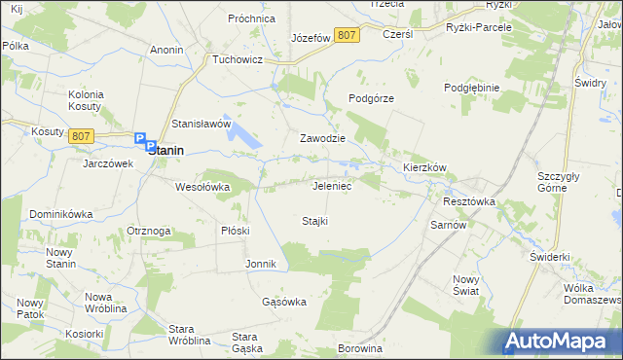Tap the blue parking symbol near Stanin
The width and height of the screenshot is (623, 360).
[x=140, y=139]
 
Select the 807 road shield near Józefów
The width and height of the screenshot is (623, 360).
[x=346, y=35]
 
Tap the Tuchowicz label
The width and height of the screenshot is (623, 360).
[x=238, y=58]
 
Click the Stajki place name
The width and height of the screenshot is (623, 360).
[x=314, y=221]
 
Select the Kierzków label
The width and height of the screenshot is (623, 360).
[x=424, y=167]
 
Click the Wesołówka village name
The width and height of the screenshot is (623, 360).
[x=202, y=186]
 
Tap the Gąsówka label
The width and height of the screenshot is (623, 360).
[x=284, y=302]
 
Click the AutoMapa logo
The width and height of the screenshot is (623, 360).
[x=562, y=341]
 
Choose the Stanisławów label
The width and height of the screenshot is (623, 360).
[x=201, y=125]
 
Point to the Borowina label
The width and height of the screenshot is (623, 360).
[x=356, y=347]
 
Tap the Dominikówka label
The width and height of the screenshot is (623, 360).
[x=60, y=213]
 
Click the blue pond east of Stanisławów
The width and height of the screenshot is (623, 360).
[x=245, y=139]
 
